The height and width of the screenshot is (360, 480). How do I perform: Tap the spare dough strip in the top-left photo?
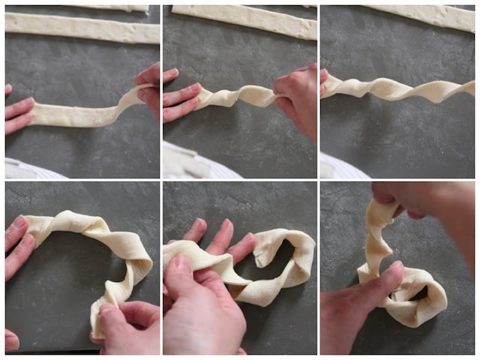(82, 28)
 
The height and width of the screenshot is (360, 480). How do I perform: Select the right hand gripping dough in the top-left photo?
(149, 86)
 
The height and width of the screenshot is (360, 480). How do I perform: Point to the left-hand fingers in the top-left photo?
(19, 112)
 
